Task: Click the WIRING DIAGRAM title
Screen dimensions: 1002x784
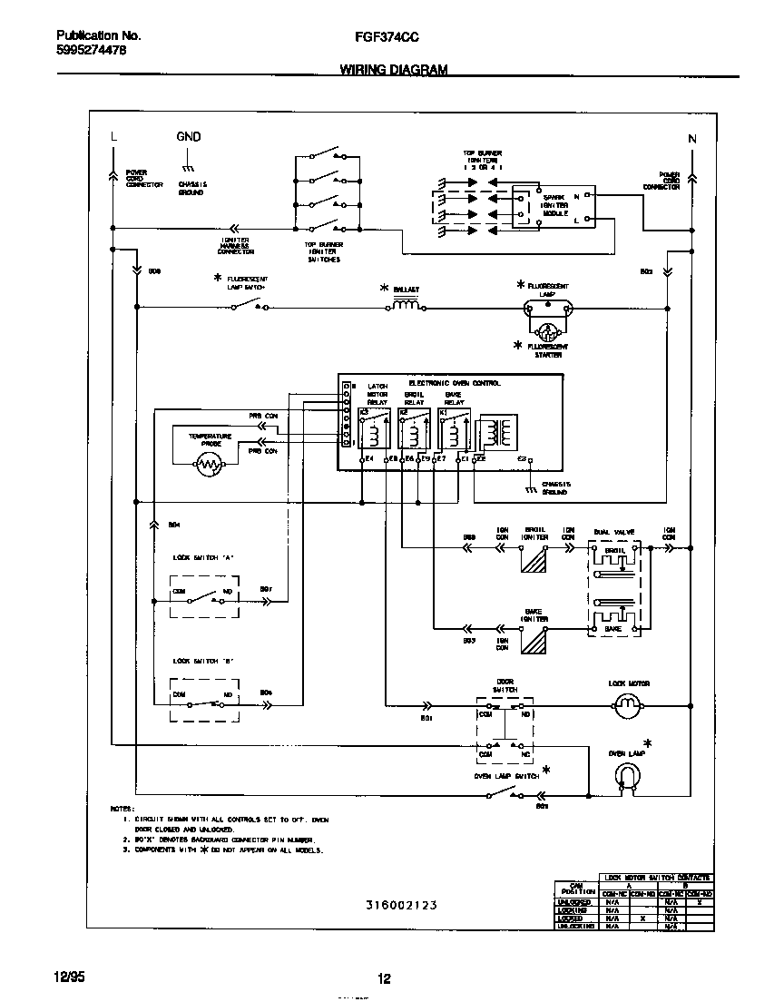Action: [x=393, y=70]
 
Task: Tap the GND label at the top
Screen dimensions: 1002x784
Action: [x=189, y=137]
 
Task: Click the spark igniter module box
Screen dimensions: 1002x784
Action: [x=554, y=208]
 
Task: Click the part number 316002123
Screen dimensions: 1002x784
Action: [x=402, y=905]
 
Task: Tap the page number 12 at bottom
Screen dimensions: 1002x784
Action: [x=384, y=978]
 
